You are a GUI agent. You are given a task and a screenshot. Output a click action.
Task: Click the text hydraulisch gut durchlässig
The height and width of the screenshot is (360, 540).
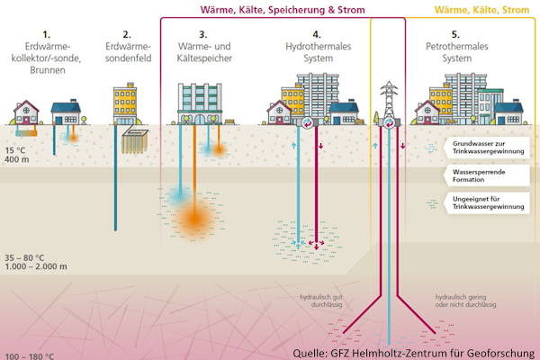point(322,299)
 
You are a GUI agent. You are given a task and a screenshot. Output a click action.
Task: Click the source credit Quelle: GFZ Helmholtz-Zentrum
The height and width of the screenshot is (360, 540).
point(419,352)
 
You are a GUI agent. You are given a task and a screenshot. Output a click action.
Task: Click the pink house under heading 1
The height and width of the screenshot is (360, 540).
point(26,113)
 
